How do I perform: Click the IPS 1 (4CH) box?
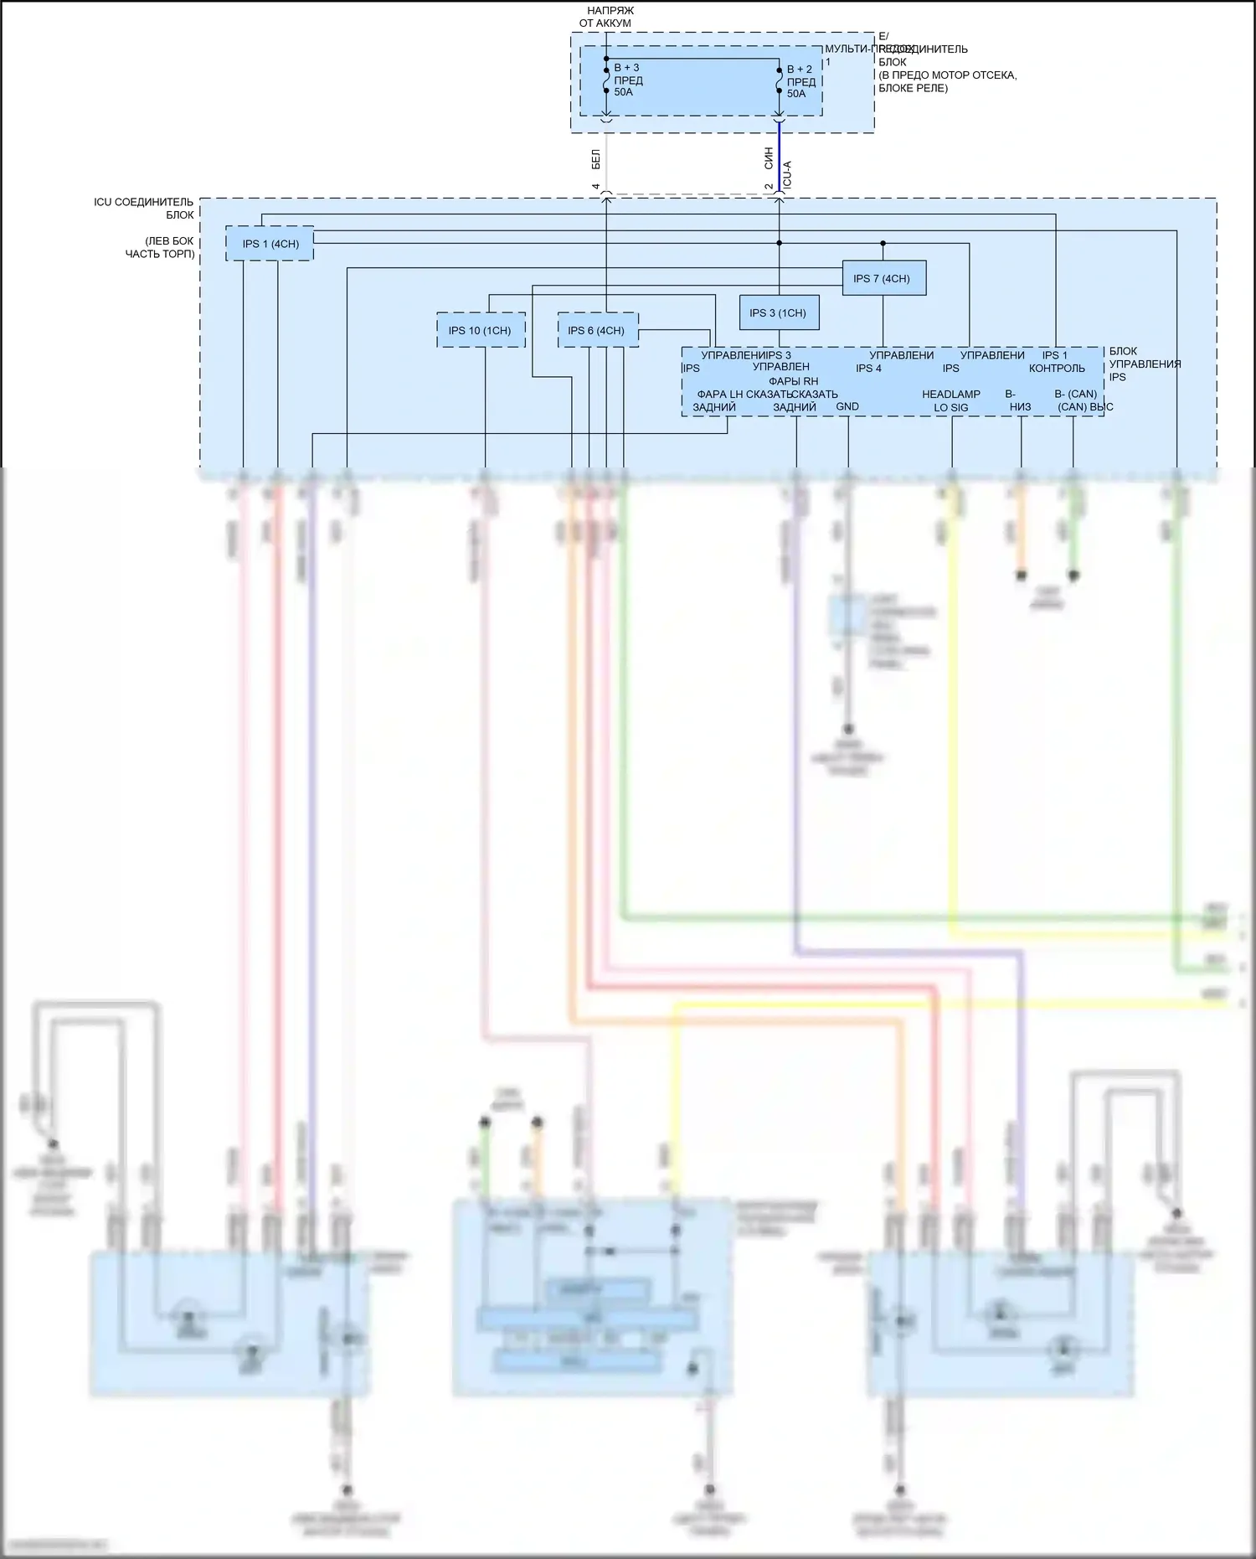tap(270, 244)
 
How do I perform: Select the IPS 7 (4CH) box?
tap(883, 278)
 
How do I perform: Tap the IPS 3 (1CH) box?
tap(778, 312)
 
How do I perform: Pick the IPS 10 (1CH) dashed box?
tap(481, 330)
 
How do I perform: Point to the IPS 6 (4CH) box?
tap(597, 330)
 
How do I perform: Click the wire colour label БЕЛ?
tap(595, 158)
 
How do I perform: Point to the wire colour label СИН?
tap(769, 158)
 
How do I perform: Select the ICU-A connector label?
tap(787, 174)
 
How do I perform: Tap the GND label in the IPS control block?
tap(847, 406)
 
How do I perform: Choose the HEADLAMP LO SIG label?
tap(951, 400)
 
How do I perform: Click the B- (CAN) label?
tap(1075, 394)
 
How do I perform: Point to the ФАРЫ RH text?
tap(793, 381)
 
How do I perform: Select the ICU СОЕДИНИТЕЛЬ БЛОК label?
tap(144, 208)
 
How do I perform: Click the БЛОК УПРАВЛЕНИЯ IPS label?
tap(1145, 364)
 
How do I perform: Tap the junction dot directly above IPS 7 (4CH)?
tap(883, 244)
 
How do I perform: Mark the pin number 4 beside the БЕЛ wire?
tap(595, 186)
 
